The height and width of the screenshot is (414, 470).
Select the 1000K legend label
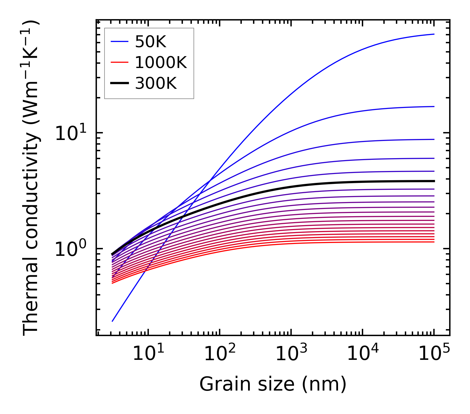[x=161, y=62]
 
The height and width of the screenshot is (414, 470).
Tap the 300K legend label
[x=156, y=84]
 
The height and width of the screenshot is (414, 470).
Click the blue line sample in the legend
[x=119, y=42]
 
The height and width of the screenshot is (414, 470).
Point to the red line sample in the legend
[x=119, y=62]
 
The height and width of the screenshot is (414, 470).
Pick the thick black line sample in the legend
[x=119, y=84]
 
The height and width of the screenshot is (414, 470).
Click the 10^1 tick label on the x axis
[x=148, y=354]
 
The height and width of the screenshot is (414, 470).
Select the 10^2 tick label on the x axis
[x=220, y=354]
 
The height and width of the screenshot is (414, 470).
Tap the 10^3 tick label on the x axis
[x=291, y=354]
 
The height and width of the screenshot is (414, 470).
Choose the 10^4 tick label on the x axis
[x=363, y=354]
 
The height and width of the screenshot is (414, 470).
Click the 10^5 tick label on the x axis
[x=434, y=354]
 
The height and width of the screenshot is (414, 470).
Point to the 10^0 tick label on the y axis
[x=70, y=250]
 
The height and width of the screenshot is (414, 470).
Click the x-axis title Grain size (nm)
[x=273, y=384]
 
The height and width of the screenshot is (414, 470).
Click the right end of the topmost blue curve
[x=434, y=34]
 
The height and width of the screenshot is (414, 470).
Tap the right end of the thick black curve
[x=434, y=181]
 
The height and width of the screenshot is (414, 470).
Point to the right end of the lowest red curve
[x=434, y=242]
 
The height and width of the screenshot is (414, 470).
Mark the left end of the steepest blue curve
[x=112, y=321]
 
